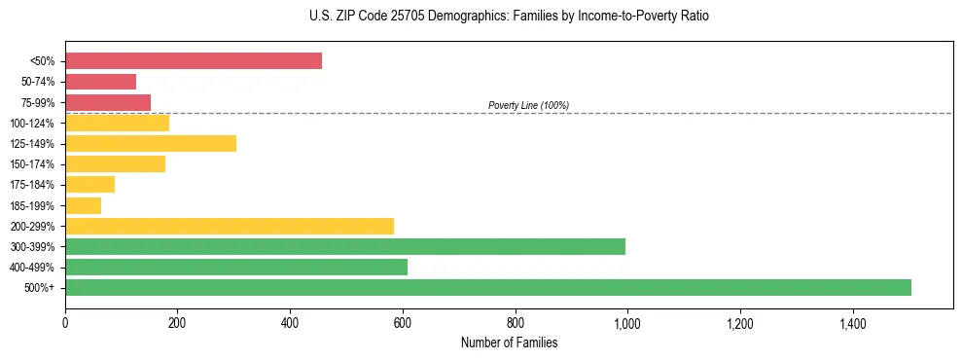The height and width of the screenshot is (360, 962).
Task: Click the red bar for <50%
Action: point(194,61)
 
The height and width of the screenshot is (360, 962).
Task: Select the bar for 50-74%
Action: point(100,82)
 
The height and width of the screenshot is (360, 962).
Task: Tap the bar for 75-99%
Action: point(108,102)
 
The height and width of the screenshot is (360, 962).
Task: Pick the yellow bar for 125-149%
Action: point(151,143)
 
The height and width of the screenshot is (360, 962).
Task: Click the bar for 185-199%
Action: point(83,205)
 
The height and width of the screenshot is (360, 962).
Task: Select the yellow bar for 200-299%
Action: point(230,226)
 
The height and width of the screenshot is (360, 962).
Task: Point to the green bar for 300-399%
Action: point(345,246)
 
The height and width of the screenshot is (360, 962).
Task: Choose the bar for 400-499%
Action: point(236,267)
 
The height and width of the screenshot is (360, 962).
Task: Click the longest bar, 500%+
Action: point(488,287)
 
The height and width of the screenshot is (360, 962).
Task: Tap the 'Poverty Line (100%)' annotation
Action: point(528,105)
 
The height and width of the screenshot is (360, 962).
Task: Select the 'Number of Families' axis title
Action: point(509,342)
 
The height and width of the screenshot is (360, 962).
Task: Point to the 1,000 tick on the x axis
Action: point(627,323)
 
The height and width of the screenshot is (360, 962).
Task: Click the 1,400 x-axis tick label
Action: point(853,323)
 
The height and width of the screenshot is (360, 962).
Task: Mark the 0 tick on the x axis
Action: point(65,323)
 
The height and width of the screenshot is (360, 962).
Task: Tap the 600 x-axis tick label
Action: point(403,323)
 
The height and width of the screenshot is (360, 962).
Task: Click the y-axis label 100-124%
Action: point(32,124)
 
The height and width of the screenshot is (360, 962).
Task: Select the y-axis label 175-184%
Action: point(32,185)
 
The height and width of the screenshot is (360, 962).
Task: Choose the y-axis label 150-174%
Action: point(32,164)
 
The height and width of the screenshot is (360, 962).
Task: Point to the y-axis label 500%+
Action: point(40,288)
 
